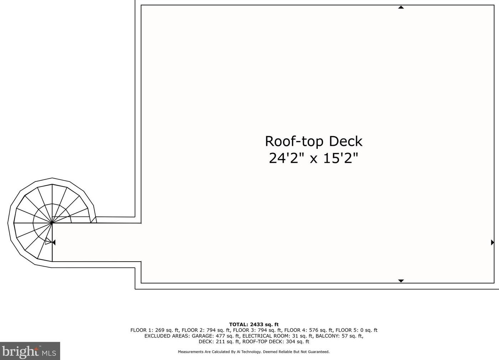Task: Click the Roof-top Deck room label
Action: tap(313, 141)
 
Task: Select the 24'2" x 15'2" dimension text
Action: tap(313, 158)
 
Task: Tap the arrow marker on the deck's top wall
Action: tap(401, 7)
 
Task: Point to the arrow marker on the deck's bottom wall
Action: tap(401, 281)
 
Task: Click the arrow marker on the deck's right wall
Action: tap(492, 242)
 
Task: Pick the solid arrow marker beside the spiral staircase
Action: tap(54, 242)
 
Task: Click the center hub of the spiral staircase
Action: tap(52, 223)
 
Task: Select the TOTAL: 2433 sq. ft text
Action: tap(254, 324)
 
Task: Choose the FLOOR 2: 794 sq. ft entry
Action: tap(206, 330)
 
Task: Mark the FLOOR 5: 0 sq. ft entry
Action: tap(356, 330)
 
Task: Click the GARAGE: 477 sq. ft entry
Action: tap(215, 336)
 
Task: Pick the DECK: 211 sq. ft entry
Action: tap(219, 341)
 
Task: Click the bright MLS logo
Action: tap(30, 351)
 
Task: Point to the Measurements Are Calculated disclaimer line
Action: tap(254, 352)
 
